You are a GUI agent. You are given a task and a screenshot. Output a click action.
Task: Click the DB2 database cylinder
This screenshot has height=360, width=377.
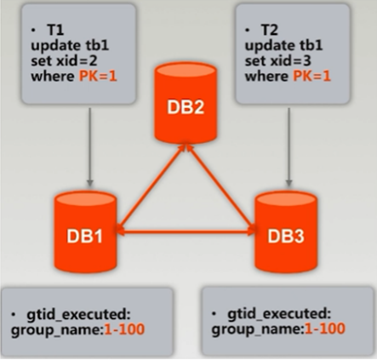tap(188, 107)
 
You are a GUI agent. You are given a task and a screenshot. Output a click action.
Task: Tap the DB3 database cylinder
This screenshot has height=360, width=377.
tap(287, 231)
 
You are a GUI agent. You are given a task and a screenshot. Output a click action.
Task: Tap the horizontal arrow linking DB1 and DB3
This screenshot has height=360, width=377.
tap(187, 228)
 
